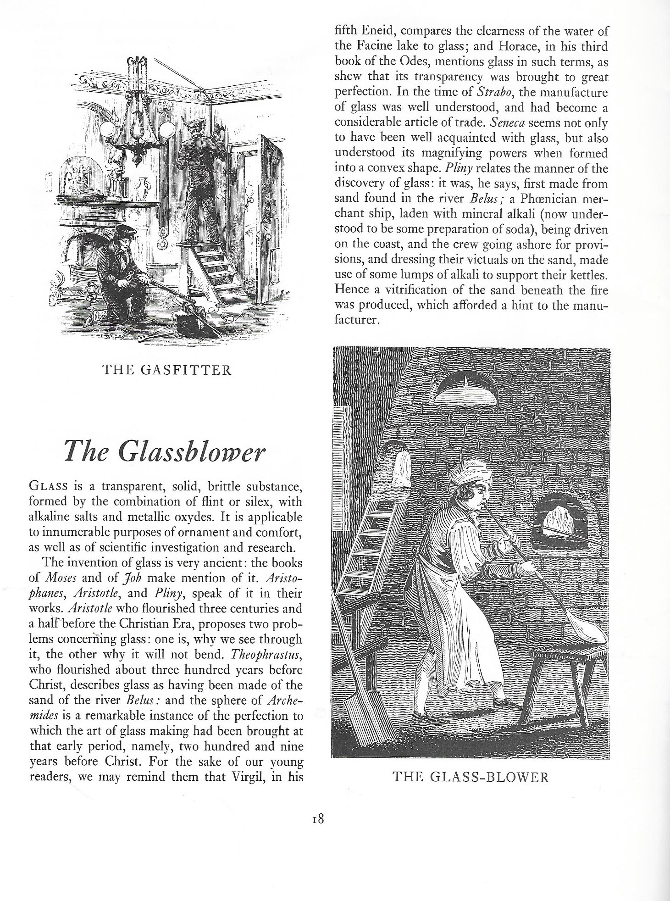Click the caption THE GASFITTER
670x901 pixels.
pyautogui.click(x=168, y=370)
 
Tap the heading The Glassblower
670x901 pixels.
pyautogui.click(x=165, y=451)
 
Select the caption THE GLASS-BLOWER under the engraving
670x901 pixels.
pyautogui.click(x=471, y=777)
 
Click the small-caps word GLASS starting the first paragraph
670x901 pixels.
pyautogui.click(x=45, y=486)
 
